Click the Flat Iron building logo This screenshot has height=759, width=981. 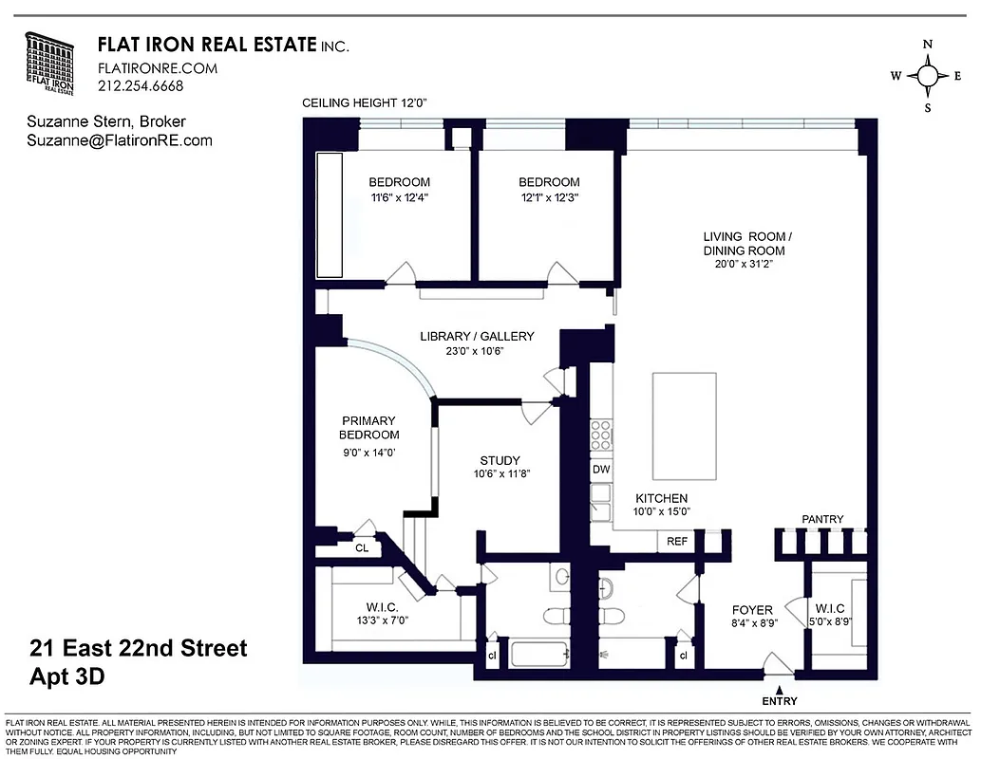tap(55, 64)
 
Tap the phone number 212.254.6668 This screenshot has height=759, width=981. tap(141, 85)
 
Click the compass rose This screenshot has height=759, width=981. tap(928, 76)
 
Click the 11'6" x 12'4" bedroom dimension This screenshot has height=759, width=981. tap(399, 198)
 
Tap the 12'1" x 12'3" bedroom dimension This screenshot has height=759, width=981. tap(548, 198)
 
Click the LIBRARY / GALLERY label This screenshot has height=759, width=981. tap(477, 336)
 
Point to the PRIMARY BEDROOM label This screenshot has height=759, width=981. tap(370, 428)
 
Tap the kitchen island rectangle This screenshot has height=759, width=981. tap(684, 428)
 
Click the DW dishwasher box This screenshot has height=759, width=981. tap(601, 469)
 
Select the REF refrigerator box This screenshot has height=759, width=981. tap(676, 542)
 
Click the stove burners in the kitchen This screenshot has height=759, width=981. tap(601, 434)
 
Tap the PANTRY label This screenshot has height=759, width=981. tap(822, 519)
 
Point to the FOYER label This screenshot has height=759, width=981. tap(752, 610)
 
